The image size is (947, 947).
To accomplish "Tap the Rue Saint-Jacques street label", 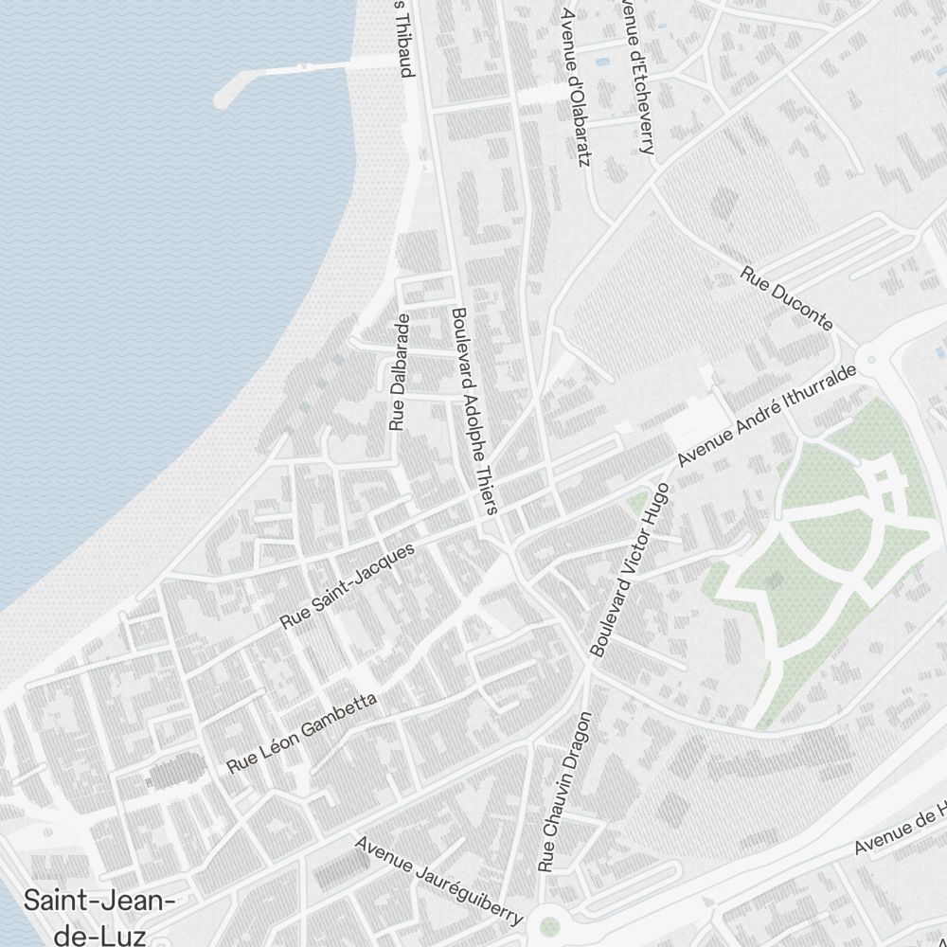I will coord(348,586).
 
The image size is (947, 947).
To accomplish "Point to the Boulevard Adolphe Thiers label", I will coord(473,410).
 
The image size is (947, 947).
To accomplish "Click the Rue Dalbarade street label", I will coord(399,372).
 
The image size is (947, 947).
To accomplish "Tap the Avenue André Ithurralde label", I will coord(767,417).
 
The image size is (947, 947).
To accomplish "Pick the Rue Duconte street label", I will coord(787,298).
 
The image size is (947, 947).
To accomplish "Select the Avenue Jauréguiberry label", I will coord(439,880).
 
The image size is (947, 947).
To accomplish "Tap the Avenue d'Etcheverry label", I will coord(635,76).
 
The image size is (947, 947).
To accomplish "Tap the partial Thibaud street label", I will coord(405,38).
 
